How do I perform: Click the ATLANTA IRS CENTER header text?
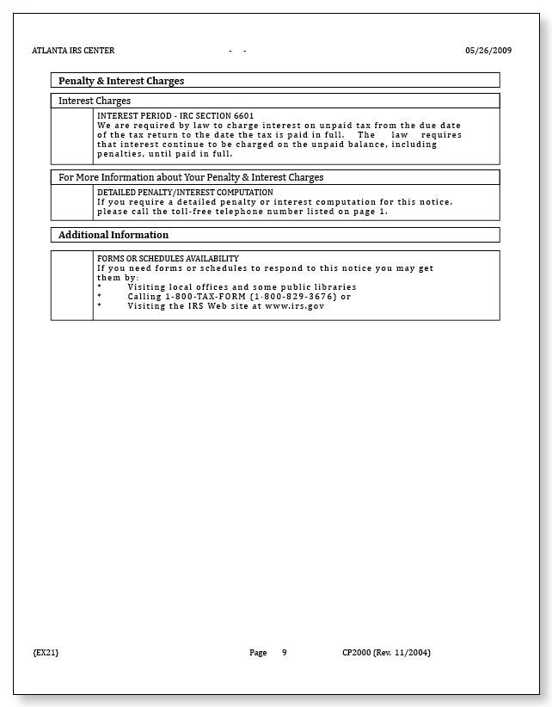point(73,51)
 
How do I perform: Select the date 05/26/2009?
point(488,51)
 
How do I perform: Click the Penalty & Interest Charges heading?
point(121,81)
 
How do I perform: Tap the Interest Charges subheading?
point(95,101)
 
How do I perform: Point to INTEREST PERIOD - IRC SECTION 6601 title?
point(175,115)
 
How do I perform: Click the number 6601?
point(243,115)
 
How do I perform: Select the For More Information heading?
point(191,177)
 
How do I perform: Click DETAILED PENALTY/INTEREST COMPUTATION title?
point(185,193)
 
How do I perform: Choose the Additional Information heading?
point(113,235)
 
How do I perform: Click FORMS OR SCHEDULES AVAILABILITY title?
point(168,259)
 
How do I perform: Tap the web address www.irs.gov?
point(294,306)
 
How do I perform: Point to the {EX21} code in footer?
point(46,653)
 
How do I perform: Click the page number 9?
point(284,653)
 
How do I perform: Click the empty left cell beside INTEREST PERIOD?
point(72,136)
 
